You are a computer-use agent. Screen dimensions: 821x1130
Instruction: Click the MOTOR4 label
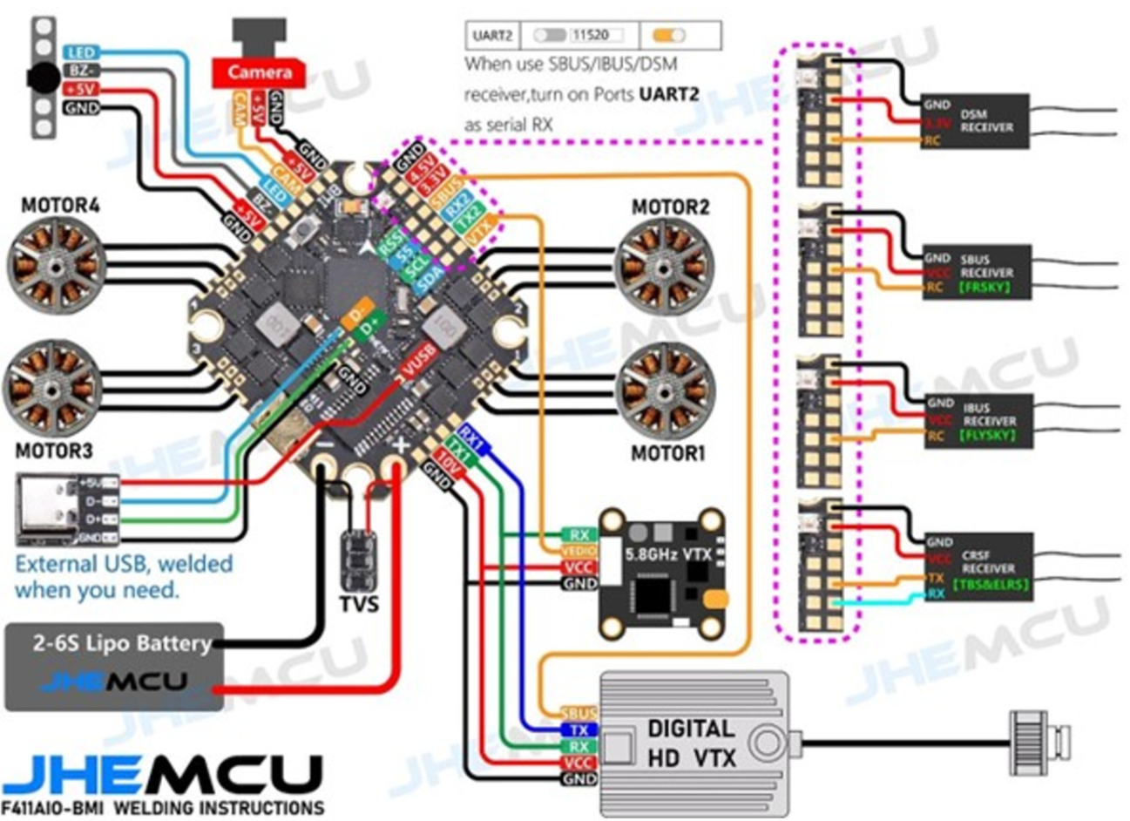pyautogui.click(x=60, y=207)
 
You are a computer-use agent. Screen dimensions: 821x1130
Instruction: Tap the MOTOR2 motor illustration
pyautogui.click(x=664, y=267)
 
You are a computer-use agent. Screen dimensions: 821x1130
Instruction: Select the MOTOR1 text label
pyautogui.click(x=667, y=453)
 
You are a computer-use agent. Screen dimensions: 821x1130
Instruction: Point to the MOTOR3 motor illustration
pyautogui.click(x=53, y=389)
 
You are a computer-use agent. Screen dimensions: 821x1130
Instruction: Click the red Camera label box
pyautogui.click(x=260, y=72)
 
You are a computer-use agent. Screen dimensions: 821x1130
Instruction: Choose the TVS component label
pyautogui.click(x=359, y=603)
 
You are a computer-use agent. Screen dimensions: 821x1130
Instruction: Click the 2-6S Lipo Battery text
pyautogui.click(x=122, y=643)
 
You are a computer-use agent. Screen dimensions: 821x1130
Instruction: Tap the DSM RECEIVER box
pyautogui.click(x=975, y=121)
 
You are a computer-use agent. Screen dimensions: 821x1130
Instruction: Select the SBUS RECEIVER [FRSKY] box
pyautogui.click(x=977, y=272)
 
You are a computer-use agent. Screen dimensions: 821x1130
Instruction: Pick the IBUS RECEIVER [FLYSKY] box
pyautogui.click(x=978, y=421)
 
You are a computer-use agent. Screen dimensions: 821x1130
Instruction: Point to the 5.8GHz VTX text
pyautogui.click(x=667, y=553)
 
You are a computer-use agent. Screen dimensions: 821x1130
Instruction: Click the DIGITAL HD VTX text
pyautogui.click(x=691, y=743)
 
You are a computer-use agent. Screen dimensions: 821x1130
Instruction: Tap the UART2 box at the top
pyautogui.click(x=492, y=36)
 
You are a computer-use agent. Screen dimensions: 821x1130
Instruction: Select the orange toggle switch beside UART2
pyautogui.click(x=669, y=36)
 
